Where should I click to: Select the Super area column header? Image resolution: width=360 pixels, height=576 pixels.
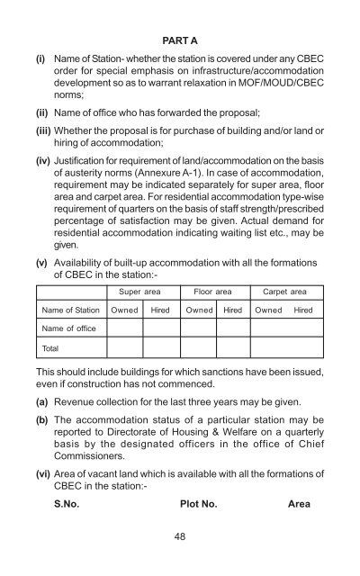[133, 292]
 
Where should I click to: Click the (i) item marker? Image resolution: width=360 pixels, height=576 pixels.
[40, 56]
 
